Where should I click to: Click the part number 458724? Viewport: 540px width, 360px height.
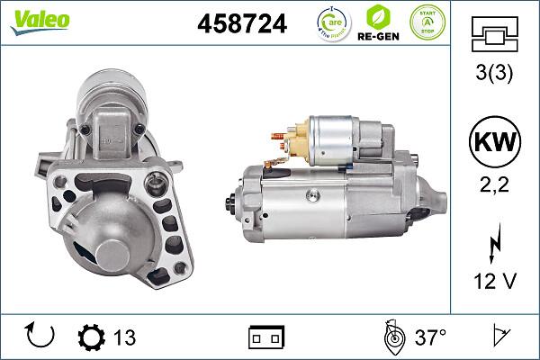point(241,24)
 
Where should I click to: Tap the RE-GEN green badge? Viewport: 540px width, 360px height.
point(380,24)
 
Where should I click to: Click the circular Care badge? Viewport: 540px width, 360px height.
point(332,24)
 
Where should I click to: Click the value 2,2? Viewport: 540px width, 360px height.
point(493,187)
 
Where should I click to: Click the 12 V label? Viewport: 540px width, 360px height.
point(493,282)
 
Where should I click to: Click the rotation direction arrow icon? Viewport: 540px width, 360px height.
point(41,337)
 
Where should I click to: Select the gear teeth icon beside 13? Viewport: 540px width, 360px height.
point(92,337)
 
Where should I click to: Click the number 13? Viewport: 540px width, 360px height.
point(124,337)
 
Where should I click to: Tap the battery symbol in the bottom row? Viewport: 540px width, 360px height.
point(265,337)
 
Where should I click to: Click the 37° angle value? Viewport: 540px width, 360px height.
point(430,337)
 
